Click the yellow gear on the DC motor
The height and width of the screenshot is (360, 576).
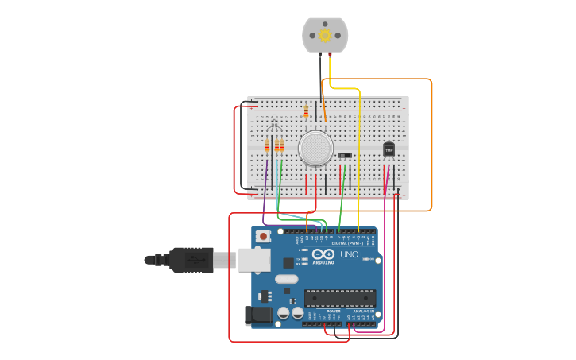coord(325,36)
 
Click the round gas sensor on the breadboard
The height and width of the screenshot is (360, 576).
coord(315,148)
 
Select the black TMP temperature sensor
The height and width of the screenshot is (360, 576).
coord(389,149)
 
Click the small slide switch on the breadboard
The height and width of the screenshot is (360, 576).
coord(345,155)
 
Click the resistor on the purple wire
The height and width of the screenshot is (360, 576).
coord(267,145)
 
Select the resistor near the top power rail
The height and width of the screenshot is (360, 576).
coord(306,110)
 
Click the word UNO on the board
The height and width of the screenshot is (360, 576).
coord(349,254)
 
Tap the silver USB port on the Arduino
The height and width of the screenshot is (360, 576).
coord(254,259)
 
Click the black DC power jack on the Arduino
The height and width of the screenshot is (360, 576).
coord(258,315)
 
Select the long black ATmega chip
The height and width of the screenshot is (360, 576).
coord(340,298)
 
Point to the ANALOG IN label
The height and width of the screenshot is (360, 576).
coord(364,311)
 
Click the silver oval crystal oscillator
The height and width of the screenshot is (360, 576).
coord(287,279)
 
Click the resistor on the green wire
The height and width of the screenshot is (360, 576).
coord(279,145)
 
